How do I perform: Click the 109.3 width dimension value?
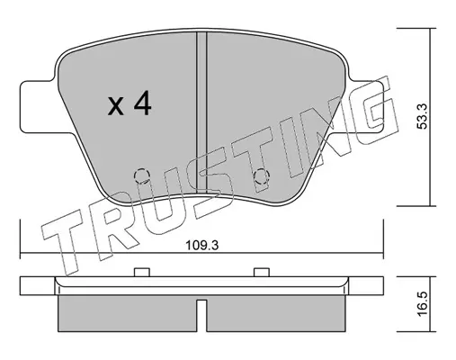click(x=202, y=246)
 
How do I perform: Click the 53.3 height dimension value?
click(x=423, y=117)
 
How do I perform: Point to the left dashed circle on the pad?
click(x=141, y=175)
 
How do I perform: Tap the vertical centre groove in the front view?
click(x=201, y=112)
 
